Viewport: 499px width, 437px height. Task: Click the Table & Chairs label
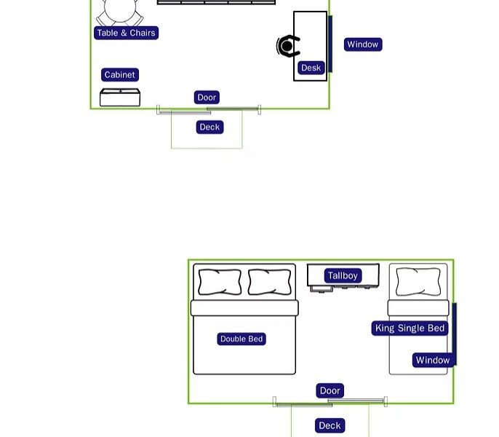(x=126, y=33)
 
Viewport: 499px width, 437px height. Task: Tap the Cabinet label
(x=119, y=75)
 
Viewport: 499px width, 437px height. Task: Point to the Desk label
(x=311, y=68)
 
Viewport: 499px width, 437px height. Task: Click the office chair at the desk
(x=288, y=47)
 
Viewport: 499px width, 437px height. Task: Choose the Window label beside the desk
(x=362, y=44)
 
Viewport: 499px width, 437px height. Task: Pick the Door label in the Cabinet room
(x=207, y=98)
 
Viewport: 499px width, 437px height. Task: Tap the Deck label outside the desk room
(x=209, y=127)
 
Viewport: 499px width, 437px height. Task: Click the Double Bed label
(x=241, y=339)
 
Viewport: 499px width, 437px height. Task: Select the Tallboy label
(x=343, y=276)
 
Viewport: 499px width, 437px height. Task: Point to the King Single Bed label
(x=410, y=328)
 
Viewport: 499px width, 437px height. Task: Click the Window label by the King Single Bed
(x=432, y=360)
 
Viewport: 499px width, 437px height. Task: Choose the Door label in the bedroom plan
(x=330, y=391)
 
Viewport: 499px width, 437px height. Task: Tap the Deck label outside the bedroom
(x=330, y=425)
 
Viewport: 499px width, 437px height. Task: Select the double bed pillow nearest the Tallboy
(x=269, y=282)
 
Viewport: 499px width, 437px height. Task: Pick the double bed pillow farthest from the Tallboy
(x=219, y=282)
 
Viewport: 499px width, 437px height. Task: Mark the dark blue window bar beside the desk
(x=330, y=44)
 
